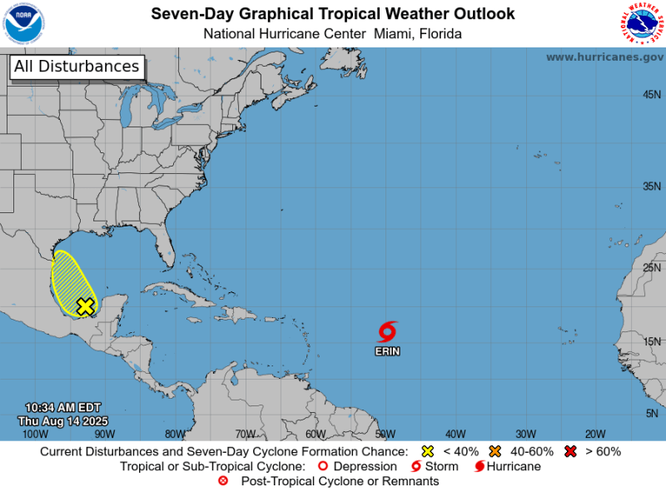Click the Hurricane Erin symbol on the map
tap(387, 331)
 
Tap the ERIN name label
tap(387, 351)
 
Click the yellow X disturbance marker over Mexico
tap(85, 306)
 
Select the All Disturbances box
tap(77, 67)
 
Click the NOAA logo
tap(24, 23)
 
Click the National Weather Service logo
tap(642, 23)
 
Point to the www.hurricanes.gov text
tap(604, 57)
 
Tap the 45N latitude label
tap(652, 95)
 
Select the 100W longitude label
tap(34, 433)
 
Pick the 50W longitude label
tap(385, 433)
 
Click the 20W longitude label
tap(594, 433)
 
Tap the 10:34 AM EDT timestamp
tap(62, 407)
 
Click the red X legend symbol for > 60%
tap(571, 451)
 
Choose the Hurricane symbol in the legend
tap(480, 466)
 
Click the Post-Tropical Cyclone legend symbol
tap(222, 481)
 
